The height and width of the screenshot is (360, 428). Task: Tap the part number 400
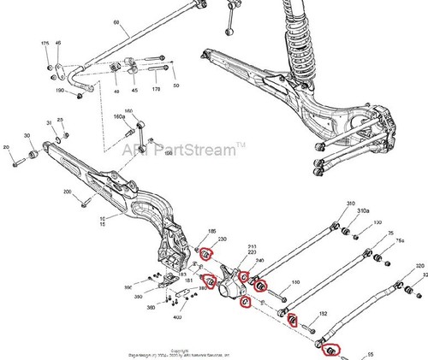177,317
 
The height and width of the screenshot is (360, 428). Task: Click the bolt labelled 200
84,202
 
